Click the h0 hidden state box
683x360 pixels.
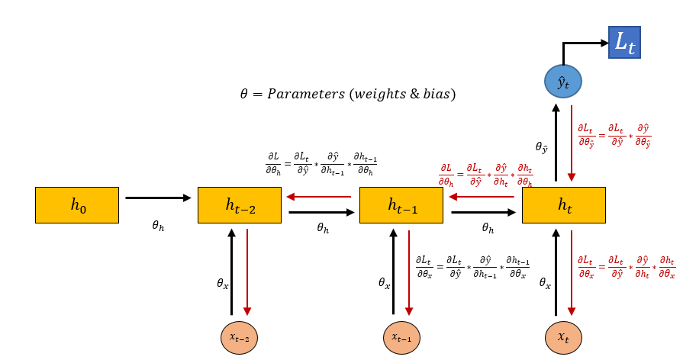point(76,204)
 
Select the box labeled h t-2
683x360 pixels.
point(239,204)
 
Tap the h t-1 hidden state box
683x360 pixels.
point(401,204)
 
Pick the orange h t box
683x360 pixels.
point(564,204)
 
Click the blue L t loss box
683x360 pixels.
point(624,43)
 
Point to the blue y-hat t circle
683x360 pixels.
point(563,82)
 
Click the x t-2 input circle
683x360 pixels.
point(239,336)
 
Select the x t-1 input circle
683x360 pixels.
point(401,336)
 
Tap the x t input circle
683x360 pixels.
point(563,336)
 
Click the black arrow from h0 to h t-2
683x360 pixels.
point(158,198)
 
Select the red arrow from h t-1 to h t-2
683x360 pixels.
point(319,197)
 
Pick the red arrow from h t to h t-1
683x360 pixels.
point(482,197)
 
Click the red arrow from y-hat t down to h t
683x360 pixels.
point(572,144)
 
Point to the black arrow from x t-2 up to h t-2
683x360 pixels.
point(231,272)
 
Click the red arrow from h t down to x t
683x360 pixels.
point(572,272)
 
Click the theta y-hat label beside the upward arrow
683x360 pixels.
point(542,147)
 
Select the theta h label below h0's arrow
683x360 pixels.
point(158,227)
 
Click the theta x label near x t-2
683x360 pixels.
point(223,283)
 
